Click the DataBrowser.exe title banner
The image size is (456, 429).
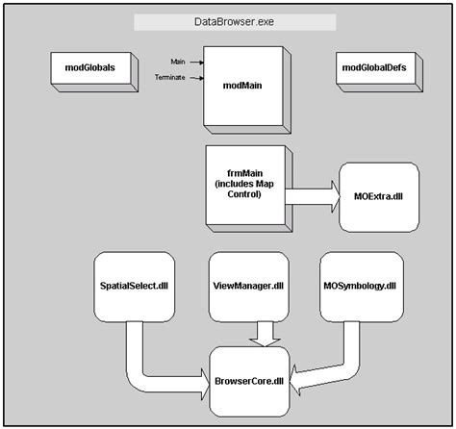[x=235, y=22]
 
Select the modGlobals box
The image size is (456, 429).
[x=94, y=72]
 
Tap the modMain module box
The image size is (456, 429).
[x=247, y=89]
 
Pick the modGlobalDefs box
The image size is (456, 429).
[x=379, y=72]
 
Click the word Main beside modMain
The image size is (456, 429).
[x=178, y=62]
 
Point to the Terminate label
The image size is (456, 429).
[x=170, y=77]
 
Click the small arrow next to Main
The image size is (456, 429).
[x=196, y=63]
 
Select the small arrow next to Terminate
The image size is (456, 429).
[x=196, y=78]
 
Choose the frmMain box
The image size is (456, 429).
[x=249, y=189]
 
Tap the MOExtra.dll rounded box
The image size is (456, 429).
[x=379, y=197]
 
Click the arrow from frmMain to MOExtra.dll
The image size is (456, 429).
[x=313, y=196]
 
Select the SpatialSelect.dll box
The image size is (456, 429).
[x=135, y=287]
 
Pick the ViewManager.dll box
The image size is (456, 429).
[x=249, y=287]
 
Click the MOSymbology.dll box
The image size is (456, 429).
[x=362, y=287]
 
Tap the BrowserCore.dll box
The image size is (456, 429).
[x=249, y=382]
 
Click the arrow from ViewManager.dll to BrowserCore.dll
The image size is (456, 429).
[x=266, y=334]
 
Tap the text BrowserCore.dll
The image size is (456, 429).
[x=249, y=381]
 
